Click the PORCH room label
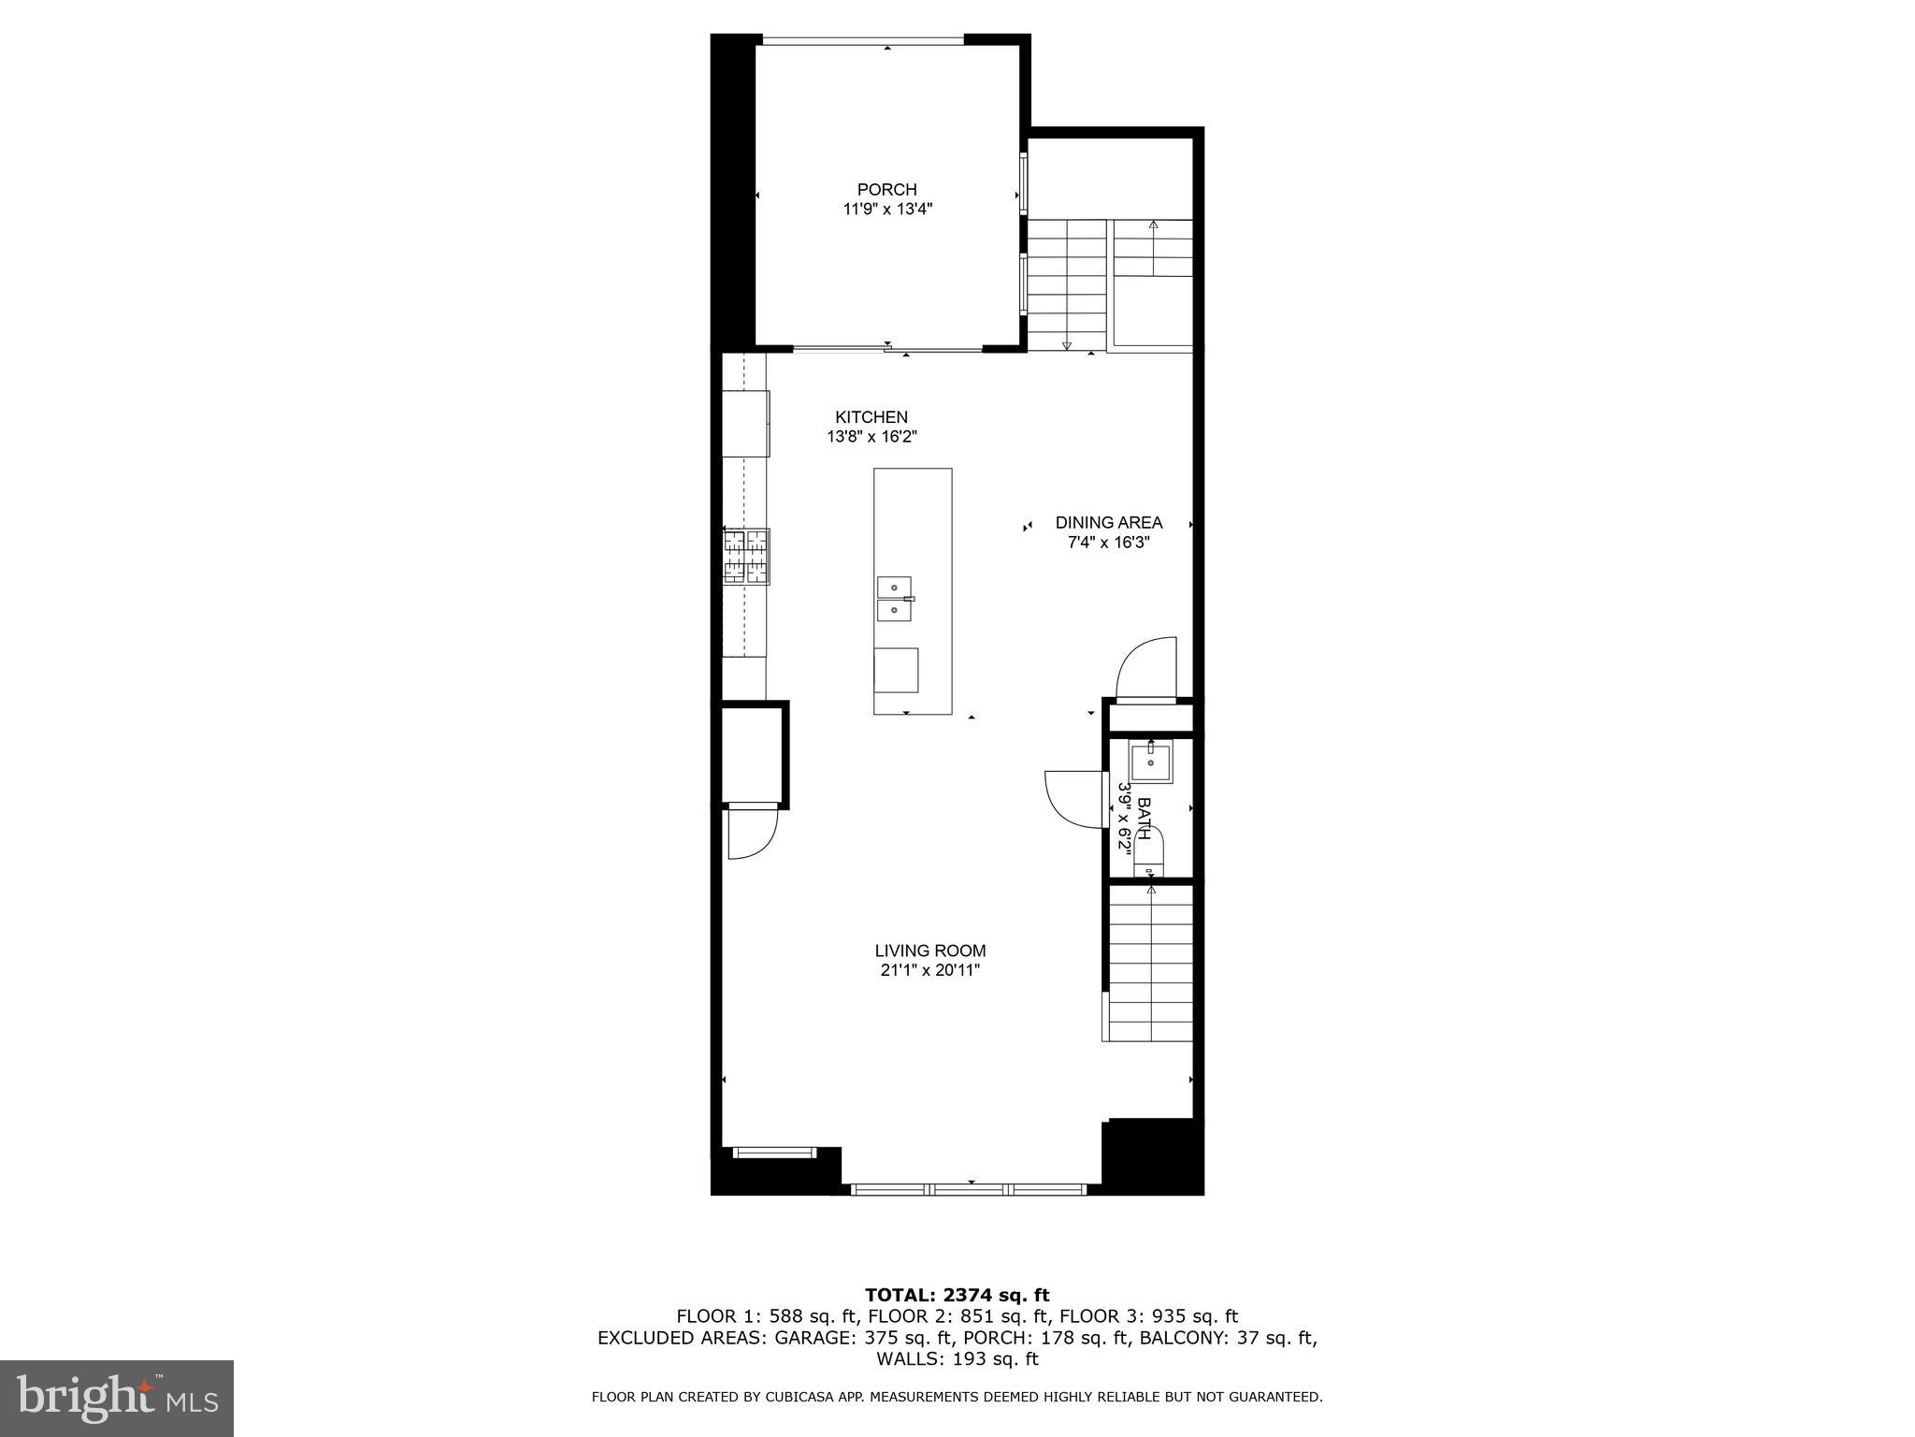coord(886,190)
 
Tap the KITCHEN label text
coord(871,417)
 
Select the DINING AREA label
coord(1108,523)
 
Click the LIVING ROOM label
coord(929,951)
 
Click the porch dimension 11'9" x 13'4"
coord(886,210)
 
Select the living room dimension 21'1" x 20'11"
coord(929,971)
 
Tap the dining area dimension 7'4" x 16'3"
coord(1108,543)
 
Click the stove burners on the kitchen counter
coord(746,556)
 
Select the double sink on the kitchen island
coord(895,598)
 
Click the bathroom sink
coord(1150,762)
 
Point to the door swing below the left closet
coord(753,833)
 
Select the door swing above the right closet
coord(1146,667)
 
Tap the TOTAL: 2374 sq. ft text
coord(957,1295)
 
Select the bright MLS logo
coord(116,1398)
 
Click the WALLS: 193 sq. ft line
coord(957,1359)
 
